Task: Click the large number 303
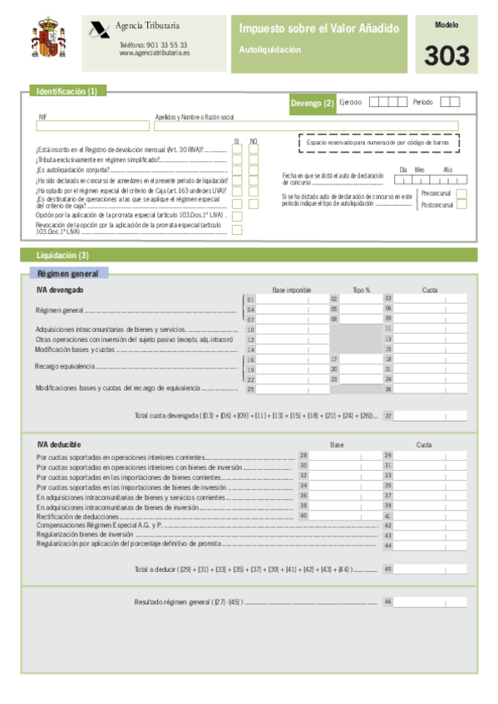[446, 56]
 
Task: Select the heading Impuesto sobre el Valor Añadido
[319, 29]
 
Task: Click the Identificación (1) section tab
[67, 91]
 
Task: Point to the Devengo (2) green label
[312, 103]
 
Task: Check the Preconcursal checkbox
[462, 193]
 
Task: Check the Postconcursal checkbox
[462, 204]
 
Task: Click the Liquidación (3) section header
[62, 255]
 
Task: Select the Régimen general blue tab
[67, 273]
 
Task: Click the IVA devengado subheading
[60, 290]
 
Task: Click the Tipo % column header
[361, 290]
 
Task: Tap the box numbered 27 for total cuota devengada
[430, 416]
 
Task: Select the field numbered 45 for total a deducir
[430, 570]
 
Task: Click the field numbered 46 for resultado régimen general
[430, 602]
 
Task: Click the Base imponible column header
[291, 290]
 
